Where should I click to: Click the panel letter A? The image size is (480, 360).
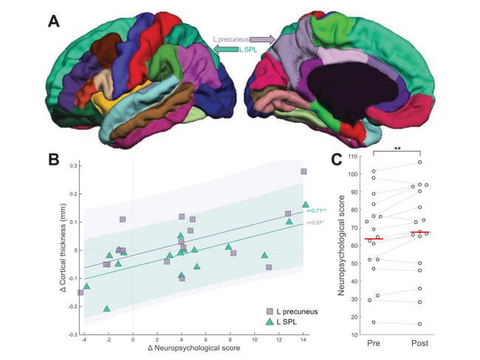tap(54, 21)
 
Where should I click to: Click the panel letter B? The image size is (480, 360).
tap(54, 159)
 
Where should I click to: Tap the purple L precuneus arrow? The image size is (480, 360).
tap(263, 38)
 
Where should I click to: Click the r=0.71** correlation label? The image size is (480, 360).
tap(316, 211)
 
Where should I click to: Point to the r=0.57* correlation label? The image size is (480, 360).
tap(316, 222)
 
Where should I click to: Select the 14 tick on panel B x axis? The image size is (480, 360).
tap(305, 341)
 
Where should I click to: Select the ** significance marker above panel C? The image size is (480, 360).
tap(397, 149)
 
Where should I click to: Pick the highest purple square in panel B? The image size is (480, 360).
tap(303, 171)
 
